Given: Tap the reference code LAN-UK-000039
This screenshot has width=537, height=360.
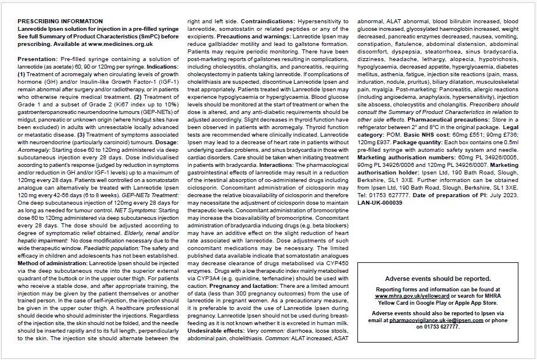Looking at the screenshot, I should pos(380,202).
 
